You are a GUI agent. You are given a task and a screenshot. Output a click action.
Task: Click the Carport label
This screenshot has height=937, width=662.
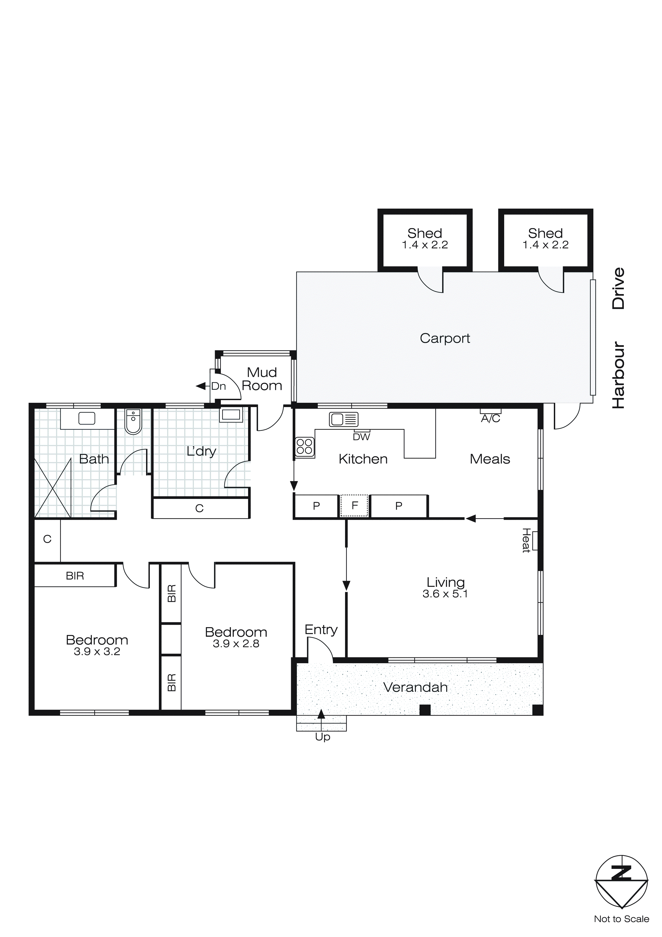[445, 338]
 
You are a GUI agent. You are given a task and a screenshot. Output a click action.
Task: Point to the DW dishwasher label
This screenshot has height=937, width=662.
[361, 437]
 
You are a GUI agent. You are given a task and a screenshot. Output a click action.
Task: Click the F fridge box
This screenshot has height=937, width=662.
[354, 506]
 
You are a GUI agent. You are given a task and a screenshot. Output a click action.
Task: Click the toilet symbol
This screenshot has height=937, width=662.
[133, 422]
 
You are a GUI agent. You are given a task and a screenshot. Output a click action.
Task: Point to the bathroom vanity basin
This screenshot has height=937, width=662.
[87, 418]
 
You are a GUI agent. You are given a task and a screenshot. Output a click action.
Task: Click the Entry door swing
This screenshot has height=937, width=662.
[320, 650]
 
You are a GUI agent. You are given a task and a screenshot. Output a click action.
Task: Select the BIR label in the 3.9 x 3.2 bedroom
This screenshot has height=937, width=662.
[75, 576]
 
